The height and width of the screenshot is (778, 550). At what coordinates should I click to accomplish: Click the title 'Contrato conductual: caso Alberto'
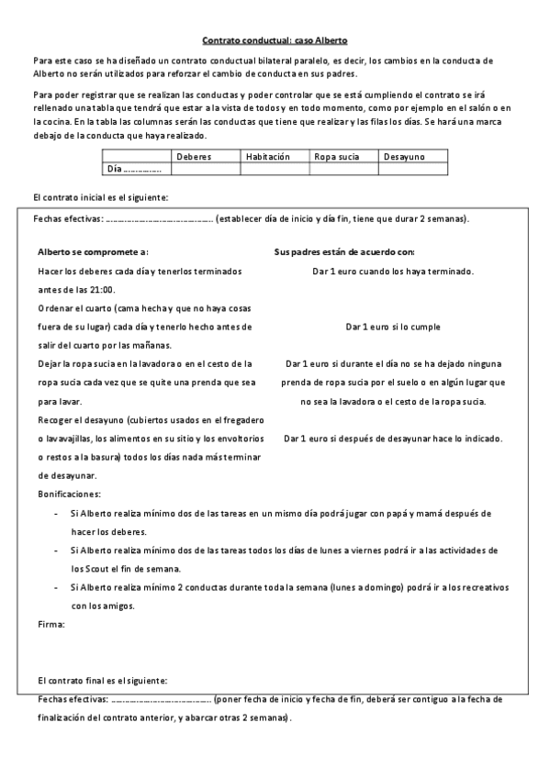tap(275, 40)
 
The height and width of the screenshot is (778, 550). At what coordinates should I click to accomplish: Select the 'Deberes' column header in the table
tap(193, 157)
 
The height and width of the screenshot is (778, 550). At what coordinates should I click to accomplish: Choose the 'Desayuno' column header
tap(404, 157)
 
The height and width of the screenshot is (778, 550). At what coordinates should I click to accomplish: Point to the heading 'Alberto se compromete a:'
tap(93, 250)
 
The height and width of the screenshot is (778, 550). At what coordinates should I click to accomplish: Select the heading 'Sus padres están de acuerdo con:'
tap(344, 250)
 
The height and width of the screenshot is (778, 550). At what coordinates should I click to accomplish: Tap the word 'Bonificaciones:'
tap(69, 494)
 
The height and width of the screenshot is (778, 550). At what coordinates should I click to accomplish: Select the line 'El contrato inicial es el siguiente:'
tap(99, 197)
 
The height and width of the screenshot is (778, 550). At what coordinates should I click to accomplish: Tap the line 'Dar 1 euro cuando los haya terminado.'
tap(393, 272)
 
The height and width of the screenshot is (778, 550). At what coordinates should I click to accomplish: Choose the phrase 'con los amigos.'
tap(103, 606)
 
